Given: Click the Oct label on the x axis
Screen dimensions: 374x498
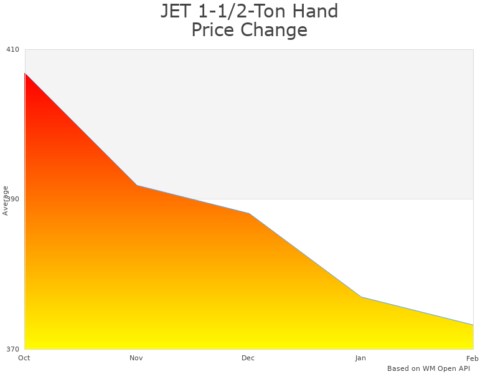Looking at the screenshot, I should pyautogui.click(x=24, y=358).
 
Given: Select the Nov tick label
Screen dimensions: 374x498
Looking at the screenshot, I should pyautogui.click(x=136, y=358).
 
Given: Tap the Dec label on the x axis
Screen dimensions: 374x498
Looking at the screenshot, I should pyautogui.click(x=248, y=358).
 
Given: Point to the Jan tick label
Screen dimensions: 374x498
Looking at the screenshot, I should pyautogui.click(x=360, y=358).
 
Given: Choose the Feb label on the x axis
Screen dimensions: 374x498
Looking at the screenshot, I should pyautogui.click(x=472, y=358).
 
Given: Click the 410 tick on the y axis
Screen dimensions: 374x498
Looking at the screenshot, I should pyautogui.click(x=12, y=49).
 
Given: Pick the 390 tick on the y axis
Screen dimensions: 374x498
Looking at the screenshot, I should pyautogui.click(x=12, y=199).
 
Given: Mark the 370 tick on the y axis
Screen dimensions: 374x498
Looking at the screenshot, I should pyautogui.click(x=12, y=348).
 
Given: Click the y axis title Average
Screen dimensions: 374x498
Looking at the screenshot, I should pyautogui.click(x=6, y=200).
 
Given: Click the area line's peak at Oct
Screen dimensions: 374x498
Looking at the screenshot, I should pyautogui.click(x=25, y=73).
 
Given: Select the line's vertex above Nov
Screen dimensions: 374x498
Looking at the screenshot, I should pyautogui.click(x=137, y=186).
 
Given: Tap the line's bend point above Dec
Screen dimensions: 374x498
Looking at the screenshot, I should pyautogui.click(x=249, y=214).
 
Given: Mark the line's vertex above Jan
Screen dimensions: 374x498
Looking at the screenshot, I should pyautogui.click(x=361, y=297).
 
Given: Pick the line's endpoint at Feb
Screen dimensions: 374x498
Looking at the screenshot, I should pyautogui.click(x=472, y=325).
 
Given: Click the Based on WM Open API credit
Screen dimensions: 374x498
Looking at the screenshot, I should pyautogui.click(x=428, y=368).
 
